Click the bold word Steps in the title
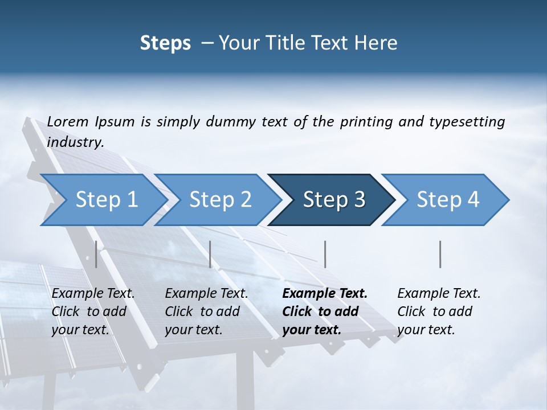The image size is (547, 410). click(165, 43)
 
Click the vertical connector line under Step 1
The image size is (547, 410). click(96, 254)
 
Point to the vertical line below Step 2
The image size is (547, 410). click(210, 254)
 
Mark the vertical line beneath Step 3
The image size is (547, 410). click(325, 254)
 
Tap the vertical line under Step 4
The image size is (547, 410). click(440, 254)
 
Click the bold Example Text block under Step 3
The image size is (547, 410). click(325, 311)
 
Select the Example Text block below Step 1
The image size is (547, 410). click(93, 311)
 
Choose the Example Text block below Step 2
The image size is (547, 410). click(206, 311)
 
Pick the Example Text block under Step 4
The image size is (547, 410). click(439, 311)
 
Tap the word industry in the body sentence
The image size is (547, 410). click(75, 142)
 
